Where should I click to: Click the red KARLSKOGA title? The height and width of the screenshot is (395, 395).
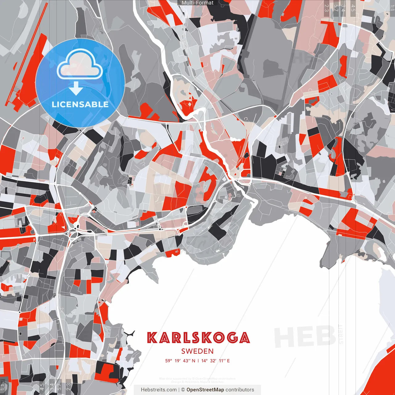198,338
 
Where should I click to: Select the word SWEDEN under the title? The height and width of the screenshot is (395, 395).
197,351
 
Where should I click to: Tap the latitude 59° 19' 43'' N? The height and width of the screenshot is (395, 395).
180,361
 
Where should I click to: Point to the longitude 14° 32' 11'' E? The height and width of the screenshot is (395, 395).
216,361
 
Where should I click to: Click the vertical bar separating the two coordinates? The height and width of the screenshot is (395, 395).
198,361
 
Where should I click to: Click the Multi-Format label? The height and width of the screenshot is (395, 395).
197,3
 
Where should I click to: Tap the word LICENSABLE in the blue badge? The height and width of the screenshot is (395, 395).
80,104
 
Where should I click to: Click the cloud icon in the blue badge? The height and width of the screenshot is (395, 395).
80,65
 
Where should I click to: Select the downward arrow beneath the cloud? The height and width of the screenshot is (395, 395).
76,88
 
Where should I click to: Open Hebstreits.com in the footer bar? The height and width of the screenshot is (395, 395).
159,390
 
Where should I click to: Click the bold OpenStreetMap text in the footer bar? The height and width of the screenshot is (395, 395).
205,390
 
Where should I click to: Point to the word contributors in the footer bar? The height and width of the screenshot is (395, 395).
240,390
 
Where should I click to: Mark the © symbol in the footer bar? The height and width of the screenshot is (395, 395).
183,390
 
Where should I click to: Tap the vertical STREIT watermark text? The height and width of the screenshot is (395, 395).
341,335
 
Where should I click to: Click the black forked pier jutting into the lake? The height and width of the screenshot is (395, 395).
130,334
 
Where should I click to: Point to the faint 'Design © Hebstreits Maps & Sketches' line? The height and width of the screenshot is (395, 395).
197,382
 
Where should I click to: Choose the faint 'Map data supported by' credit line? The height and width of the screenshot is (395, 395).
197,379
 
